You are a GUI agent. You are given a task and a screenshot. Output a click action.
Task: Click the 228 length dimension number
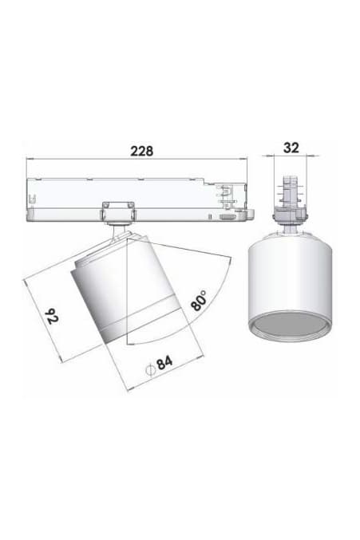[x=141, y=150]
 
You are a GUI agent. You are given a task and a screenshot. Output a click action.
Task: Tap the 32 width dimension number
[x=291, y=148]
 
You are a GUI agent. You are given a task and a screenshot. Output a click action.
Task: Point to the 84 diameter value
[x=164, y=363]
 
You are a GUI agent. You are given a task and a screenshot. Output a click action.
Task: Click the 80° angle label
[x=199, y=302]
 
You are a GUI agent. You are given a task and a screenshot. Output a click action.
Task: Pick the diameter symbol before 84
[x=149, y=368]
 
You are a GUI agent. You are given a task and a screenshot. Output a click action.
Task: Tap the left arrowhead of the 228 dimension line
[x=30, y=159]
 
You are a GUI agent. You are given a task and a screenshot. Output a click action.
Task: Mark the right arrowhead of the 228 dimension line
[x=246, y=159]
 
